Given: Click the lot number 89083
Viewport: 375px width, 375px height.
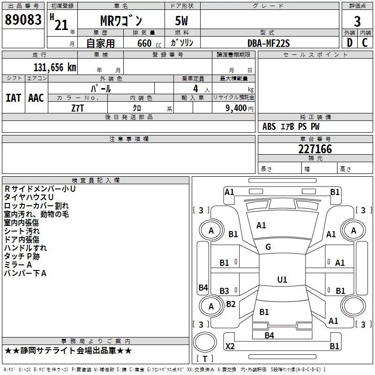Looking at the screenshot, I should (x=23, y=20).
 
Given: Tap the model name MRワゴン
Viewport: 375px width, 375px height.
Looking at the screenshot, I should (x=121, y=22).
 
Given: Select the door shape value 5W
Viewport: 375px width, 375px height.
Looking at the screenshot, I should (x=182, y=22).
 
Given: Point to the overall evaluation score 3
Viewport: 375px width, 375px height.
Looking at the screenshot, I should (x=357, y=21).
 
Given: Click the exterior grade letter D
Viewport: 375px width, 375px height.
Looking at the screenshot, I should (x=349, y=43).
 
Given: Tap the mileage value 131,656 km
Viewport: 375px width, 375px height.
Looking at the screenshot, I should (x=54, y=67).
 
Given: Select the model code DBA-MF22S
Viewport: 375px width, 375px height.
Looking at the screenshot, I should (x=269, y=43).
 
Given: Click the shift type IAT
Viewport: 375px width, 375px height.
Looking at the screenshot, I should (x=13, y=98).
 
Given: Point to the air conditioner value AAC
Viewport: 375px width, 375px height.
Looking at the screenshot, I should (x=36, y=98).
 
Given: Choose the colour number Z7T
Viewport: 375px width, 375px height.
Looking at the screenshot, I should (x=78, y=108).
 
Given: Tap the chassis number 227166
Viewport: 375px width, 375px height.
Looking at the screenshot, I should (x=315, y=149).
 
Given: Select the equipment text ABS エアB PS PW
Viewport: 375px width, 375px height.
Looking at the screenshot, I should (x=291, y=127).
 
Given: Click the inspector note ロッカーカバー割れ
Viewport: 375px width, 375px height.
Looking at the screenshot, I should (x=36, y=205).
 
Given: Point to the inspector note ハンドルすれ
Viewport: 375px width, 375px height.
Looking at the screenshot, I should (x=25, y=247).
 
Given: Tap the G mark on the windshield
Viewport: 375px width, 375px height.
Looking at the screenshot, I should (x=268, y=247).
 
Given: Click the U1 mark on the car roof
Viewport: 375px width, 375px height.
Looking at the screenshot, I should (x=282, y=280).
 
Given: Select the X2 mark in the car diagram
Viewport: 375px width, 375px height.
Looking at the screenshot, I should (x=230, y=346).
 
